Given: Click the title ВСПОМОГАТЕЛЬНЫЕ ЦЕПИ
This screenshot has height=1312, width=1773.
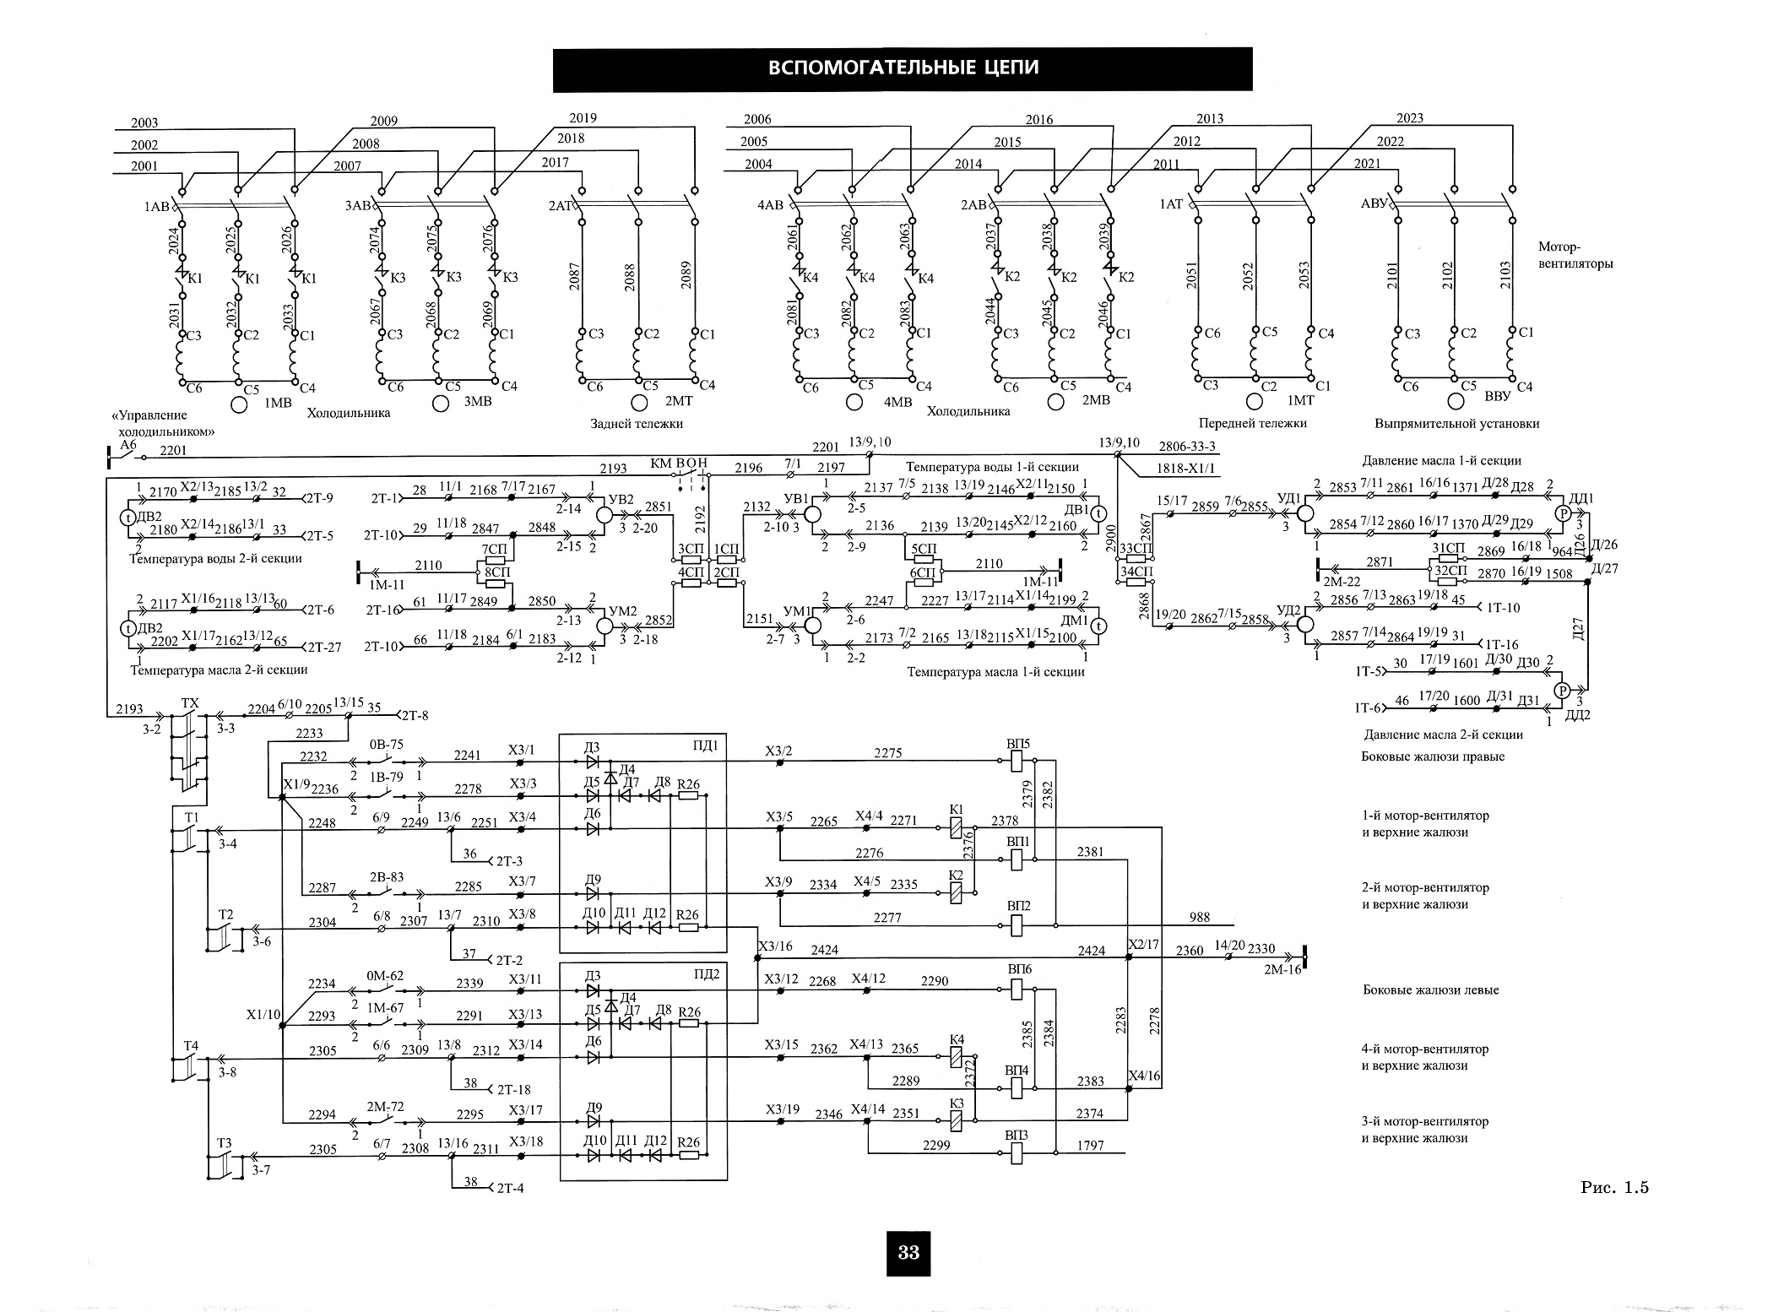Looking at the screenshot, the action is [x=903, y=68].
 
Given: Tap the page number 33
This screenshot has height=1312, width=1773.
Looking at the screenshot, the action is [x=908, y=1252].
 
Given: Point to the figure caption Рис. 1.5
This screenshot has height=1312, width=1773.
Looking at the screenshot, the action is [x=1615, y=1187].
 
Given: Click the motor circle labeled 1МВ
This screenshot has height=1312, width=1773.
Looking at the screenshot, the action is [x=240, y=404].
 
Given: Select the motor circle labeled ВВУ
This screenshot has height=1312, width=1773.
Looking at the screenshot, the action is [x=1456, y=400].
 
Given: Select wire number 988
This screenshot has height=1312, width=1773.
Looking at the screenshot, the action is [x=1199, y=917].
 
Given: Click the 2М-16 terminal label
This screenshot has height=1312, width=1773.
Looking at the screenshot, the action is [x=1282, y=969].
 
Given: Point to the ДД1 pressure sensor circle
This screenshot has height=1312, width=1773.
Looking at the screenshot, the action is [x=1562, y=513].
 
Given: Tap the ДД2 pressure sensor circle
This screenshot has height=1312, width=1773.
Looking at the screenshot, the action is [x=1562, y=691].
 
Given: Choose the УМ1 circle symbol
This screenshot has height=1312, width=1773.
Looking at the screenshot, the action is [x=813, y=626].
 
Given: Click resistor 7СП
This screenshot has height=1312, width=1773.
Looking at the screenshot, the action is [x=495, y=560].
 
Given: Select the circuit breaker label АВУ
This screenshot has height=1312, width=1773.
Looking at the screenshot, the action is [x=1374, y=203].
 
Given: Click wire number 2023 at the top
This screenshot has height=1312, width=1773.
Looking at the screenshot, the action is [x=1409, y=118].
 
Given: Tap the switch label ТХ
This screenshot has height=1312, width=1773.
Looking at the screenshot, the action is [x=190, y=702].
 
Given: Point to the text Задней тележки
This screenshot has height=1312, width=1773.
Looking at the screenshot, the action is [x=637, y=423].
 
